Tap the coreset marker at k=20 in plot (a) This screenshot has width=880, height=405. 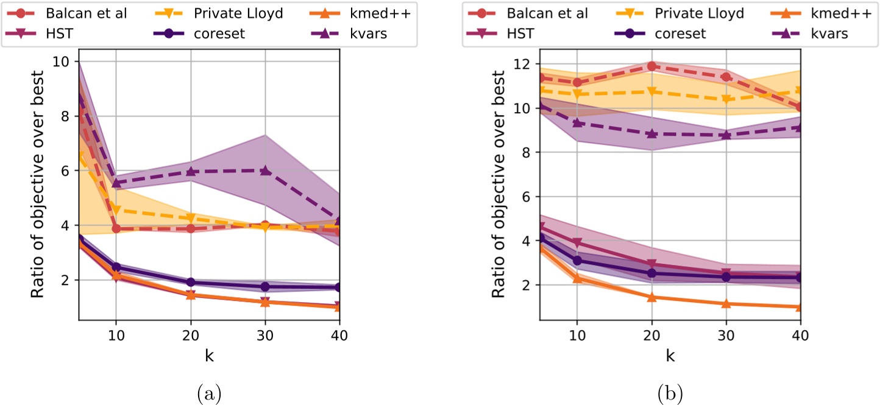(x=191, y=282)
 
